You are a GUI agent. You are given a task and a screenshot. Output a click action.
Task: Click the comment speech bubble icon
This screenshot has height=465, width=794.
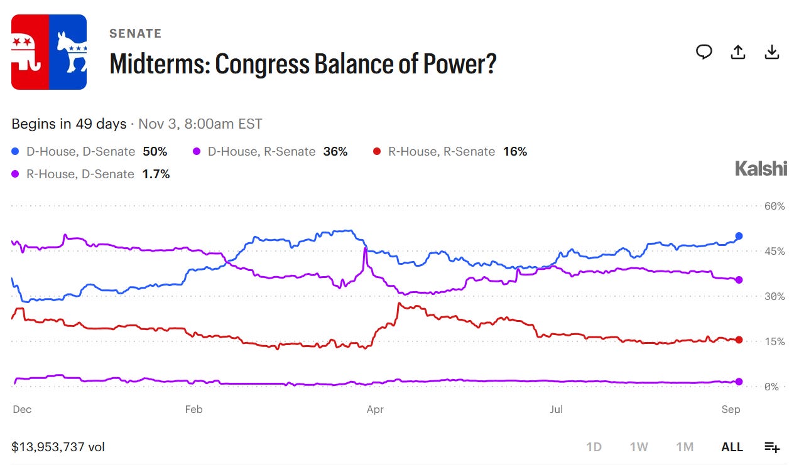click(704, 52)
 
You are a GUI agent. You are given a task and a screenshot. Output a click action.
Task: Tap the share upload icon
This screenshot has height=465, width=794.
click(738, 52)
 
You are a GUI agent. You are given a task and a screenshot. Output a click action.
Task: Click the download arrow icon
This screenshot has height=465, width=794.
click(771, 52)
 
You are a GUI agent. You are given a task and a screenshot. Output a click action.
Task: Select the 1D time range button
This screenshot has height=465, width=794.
click(594, 447)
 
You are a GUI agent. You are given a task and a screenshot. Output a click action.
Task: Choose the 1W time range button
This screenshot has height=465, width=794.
click(639, 447)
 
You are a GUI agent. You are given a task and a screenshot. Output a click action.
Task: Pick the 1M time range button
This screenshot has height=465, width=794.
click(685, 447)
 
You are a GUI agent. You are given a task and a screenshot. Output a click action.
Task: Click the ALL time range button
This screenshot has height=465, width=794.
click(732, 447)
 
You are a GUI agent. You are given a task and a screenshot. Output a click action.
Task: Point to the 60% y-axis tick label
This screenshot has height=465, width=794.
click(775, 206)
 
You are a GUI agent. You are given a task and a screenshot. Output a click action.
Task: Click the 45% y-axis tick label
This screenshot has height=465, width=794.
click(775, 252)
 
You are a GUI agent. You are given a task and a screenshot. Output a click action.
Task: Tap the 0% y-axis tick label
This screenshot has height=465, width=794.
click(771, 387)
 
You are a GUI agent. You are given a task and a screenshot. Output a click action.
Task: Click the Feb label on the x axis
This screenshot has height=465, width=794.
click(193, 409)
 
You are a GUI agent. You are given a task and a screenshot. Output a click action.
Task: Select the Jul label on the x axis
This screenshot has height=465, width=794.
click(556, 409)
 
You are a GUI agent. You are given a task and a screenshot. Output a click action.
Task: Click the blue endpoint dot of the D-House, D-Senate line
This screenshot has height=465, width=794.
click(739, 236)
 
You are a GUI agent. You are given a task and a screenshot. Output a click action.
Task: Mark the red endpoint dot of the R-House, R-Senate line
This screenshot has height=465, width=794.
click(739, 340)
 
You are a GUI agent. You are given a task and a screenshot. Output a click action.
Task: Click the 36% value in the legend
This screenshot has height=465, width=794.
click(335, 152)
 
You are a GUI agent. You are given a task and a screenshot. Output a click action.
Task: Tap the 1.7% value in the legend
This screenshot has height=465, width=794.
click(156, 174)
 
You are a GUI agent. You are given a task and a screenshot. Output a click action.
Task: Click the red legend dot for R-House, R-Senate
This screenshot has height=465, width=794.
click(377, 152)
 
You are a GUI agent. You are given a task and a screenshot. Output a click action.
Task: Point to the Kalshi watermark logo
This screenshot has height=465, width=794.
click(761, 168)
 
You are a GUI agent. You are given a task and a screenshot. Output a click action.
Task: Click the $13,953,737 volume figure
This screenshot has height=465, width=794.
click(48, 447)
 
